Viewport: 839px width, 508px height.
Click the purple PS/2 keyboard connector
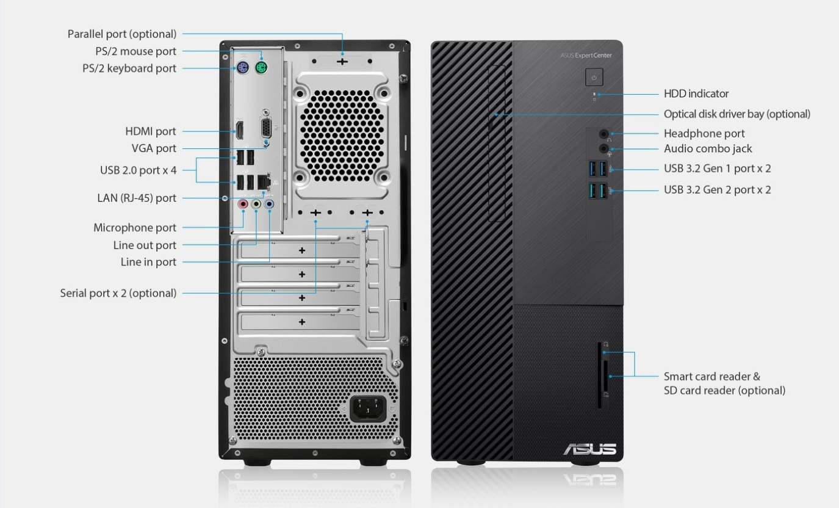[x=243, y=68]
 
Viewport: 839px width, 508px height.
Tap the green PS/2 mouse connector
[x=261, y=68]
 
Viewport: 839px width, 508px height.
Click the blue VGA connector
[x=266, y=128]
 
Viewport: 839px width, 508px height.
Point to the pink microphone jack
[x=243, y=205]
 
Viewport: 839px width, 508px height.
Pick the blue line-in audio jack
[x=269, y=205]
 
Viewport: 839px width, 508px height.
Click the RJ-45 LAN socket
[x=264, y=182]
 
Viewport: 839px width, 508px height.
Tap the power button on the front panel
[x=594, y=77]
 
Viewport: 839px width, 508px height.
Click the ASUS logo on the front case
[x=589, y=449]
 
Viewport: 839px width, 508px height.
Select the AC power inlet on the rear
[x=368, y=408]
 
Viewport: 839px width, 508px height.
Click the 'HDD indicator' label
[x=696, y=94]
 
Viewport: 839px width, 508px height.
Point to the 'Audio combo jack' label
[x=708, y=149]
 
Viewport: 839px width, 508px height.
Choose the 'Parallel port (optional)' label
[x=121, y=34]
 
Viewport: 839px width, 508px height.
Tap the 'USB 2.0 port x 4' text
[x=139, y=170]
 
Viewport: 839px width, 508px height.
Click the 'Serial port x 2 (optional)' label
[x=118, y=293]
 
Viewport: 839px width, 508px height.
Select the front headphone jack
[x=603, y=134]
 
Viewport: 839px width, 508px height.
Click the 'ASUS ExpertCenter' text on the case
[x=586, y=56]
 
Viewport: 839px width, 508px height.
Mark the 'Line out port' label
[x=145, y=245]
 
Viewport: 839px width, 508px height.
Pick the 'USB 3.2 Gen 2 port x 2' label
[x=718, y=190]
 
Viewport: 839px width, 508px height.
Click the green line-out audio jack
[x=256, y=205]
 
